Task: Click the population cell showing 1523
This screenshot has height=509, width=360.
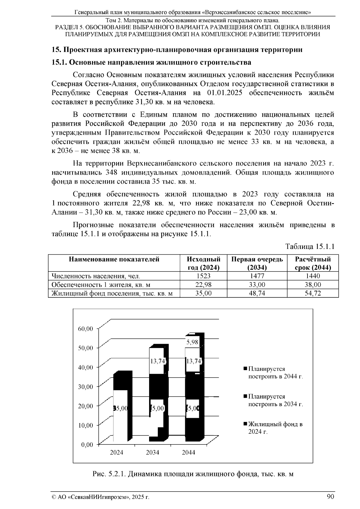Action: pos(203,276)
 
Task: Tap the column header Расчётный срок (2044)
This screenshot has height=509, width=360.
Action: pos(313,263)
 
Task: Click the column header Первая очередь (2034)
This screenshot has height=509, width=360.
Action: pos(257,263)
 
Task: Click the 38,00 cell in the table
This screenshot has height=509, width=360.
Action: pos(313,285)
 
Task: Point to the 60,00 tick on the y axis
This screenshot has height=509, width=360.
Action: pos(86,329)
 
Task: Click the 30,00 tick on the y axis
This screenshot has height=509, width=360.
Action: pos(86,387)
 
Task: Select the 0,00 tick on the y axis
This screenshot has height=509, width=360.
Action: pos(87,445)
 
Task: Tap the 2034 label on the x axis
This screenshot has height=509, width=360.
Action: pos(152,452)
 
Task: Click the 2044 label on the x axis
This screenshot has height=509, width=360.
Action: pos(188,452)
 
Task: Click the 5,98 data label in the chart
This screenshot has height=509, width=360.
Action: pos(192,342)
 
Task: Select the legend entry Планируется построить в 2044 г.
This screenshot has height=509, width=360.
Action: pos(275,373)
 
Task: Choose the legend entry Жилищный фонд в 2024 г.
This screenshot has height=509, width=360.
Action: pos(275,428)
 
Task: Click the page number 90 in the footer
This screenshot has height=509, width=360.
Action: pos(330,497)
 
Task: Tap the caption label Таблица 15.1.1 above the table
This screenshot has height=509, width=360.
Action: pos(310,247)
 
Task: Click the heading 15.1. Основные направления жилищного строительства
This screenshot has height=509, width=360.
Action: pos(151,63)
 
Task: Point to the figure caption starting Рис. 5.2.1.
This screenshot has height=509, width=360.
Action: pos(193,474)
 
